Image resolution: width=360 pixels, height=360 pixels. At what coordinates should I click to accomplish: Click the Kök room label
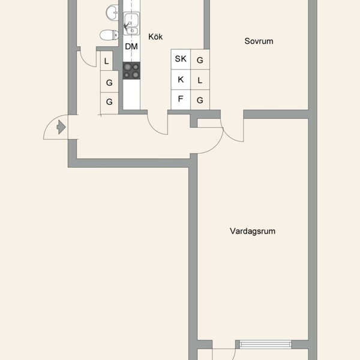155,37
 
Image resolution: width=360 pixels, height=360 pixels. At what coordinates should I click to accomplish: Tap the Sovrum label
259,41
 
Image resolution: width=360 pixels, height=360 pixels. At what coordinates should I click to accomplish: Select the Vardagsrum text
253,231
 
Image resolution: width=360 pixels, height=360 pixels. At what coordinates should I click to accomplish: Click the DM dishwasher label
131,47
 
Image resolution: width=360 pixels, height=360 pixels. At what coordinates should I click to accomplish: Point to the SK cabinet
181,59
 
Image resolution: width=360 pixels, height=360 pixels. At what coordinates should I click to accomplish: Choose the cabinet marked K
181,79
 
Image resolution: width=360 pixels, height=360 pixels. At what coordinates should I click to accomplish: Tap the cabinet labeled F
181,100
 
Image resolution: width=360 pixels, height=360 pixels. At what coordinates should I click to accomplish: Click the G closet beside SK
200,59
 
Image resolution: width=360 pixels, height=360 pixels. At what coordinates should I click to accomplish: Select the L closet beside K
200,80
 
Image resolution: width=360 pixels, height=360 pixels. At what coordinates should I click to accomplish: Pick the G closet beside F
200,100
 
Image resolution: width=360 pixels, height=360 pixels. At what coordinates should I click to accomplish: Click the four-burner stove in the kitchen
131,70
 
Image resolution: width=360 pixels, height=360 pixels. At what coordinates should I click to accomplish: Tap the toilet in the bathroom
109,35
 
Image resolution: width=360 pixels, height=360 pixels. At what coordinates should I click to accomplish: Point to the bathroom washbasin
112,13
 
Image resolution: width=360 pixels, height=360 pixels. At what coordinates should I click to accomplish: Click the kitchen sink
131,23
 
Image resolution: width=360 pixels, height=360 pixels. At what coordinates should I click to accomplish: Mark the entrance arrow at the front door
61,127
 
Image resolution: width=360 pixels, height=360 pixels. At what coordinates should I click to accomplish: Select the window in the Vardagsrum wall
265,344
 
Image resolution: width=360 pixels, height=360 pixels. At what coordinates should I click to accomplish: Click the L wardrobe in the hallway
106,61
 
